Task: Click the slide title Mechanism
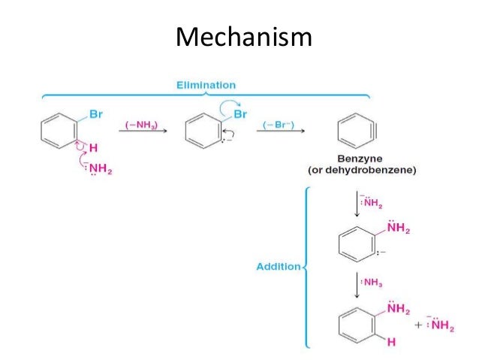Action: tap(243, 35)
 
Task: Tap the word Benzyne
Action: tap(360, 160)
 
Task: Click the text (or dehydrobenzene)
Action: tap(363, 171)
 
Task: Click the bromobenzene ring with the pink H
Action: tap(59, 133)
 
